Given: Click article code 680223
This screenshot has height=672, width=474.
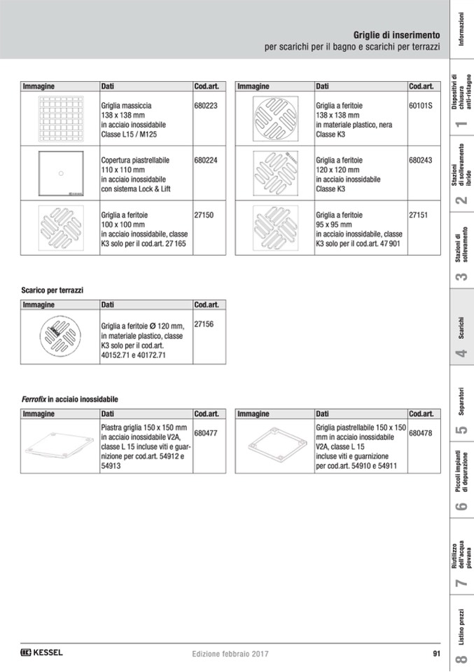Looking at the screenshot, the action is coord(206,105).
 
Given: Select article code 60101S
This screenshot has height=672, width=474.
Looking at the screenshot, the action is coord(421,105).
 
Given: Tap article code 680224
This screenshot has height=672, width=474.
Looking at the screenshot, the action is coord(206,160).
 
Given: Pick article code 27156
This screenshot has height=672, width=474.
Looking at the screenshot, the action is coord(204,324).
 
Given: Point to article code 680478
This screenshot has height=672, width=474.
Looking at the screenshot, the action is coord(421,433).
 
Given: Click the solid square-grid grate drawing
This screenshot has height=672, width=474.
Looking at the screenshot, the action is coord(61,118).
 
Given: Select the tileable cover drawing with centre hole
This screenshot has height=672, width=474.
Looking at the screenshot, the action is coord(61,173).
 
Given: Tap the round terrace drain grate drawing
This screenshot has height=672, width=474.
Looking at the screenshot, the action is coord(60,335).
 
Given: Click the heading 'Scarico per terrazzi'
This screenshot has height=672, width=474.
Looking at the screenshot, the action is coord(53,290).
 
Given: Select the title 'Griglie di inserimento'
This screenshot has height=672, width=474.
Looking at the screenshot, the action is coord(396,35).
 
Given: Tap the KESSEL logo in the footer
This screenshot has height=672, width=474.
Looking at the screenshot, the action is coord(41,652).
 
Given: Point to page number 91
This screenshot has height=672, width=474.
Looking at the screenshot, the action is coord(436,654).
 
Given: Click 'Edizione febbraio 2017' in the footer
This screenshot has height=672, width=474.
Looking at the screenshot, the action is coord(230,654).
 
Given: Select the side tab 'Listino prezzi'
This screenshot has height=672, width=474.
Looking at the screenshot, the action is coord(461,627).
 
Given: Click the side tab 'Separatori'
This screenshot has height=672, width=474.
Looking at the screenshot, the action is coord(461,401).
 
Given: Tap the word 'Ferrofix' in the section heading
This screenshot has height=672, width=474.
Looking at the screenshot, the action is coord(34,399).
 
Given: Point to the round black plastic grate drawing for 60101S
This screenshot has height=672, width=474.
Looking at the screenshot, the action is coord(275,118).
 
